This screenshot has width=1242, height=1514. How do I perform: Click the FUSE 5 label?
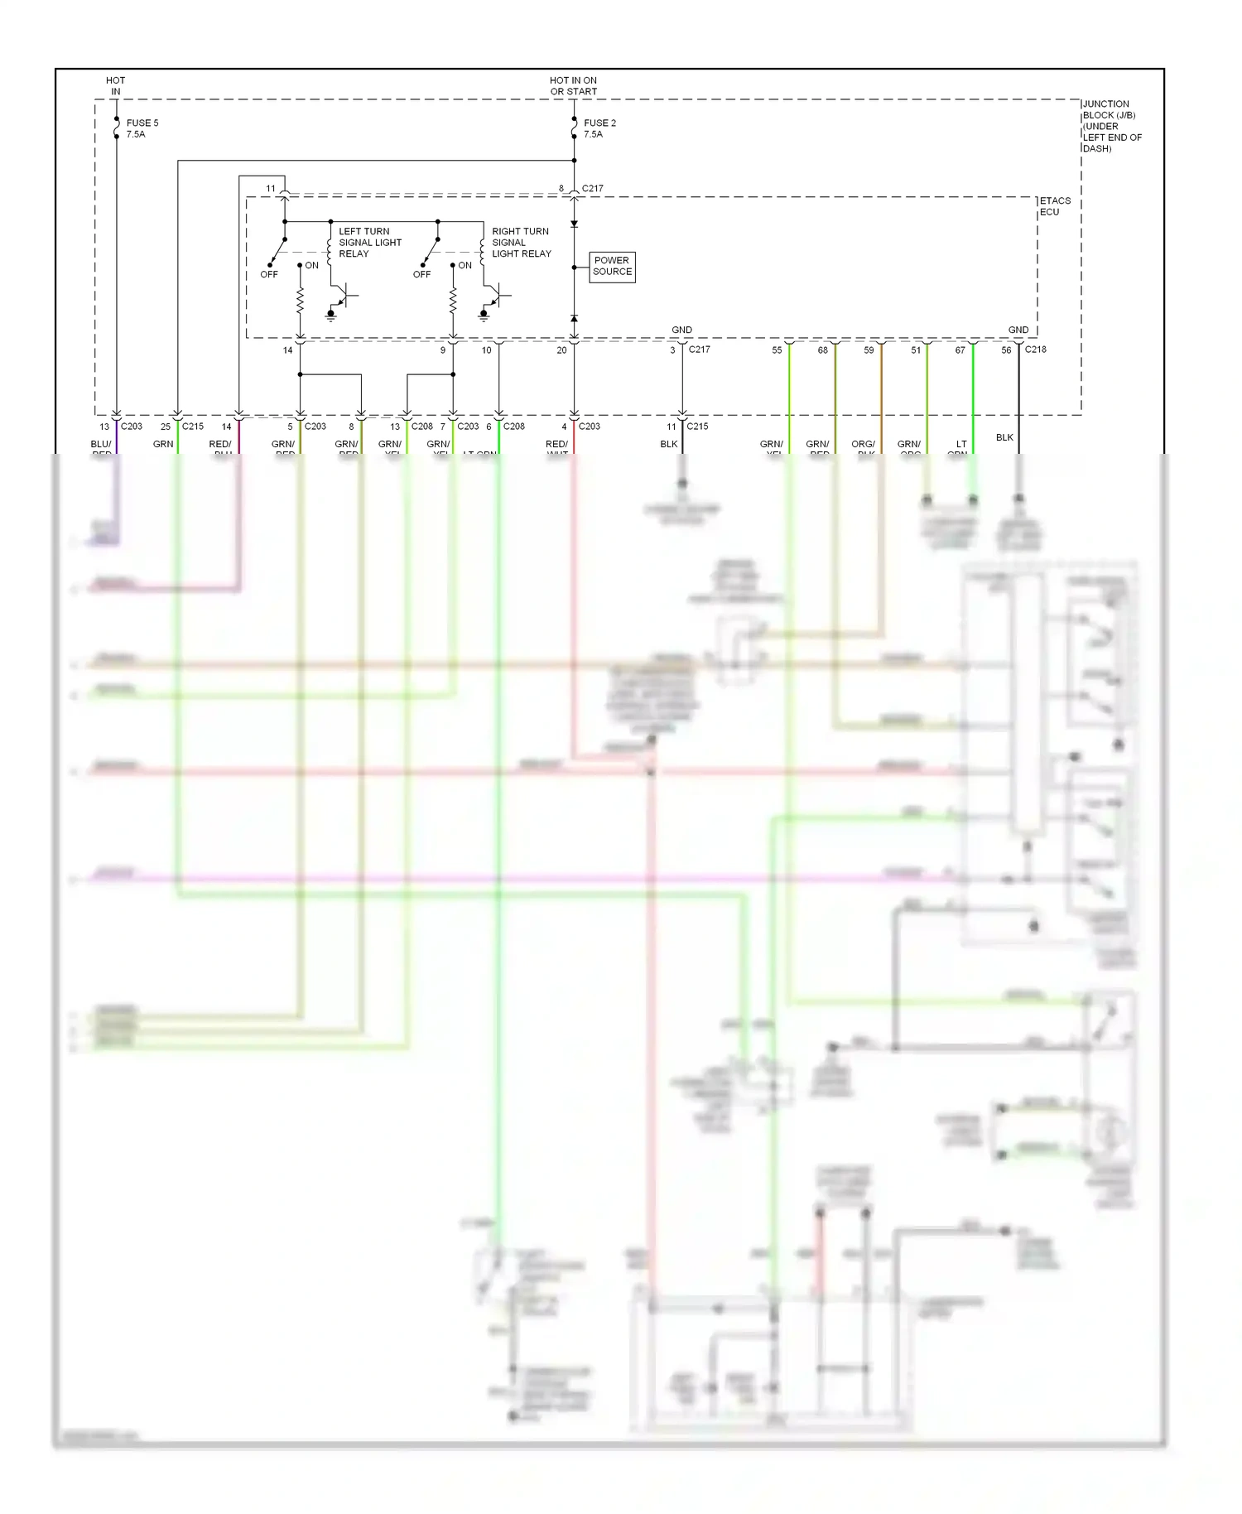(x=142, y=123)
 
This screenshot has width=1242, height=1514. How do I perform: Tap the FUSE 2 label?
(x=599, y=123)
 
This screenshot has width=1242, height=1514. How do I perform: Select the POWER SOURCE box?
(x=612, y=267)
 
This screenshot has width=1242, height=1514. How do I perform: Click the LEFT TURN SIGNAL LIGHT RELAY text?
(x=369, y=243)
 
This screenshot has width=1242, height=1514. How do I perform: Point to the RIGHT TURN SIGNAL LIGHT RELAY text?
(x=521, y=243)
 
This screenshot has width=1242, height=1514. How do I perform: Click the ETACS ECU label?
(x=1054, y=206)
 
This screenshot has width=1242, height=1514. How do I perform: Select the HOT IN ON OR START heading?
(x=573, y=86)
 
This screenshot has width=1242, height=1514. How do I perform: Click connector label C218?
(x=1035, y=350)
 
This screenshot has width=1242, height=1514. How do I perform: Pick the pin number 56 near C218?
(x=1006, y=350)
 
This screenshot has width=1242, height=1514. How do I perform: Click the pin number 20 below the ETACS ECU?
(x=561, y=350)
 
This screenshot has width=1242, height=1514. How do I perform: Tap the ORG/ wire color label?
(x=863, y=445)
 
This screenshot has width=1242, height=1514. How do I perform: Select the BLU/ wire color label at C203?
(x=101, y=445)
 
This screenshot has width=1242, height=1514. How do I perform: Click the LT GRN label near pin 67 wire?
(x=960, y=445)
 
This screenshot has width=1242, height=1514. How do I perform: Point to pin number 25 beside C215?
(x=166, y=427)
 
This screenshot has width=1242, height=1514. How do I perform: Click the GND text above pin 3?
(x=681, y=330)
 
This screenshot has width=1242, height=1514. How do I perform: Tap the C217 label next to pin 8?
(x=592, y=189)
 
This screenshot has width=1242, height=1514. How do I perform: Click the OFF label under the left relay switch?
(x=269, y=274)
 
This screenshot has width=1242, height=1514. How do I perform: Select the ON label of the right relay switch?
(x=465, y=266)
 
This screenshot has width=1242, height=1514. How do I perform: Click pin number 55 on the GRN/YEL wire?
(x=777, y=350)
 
